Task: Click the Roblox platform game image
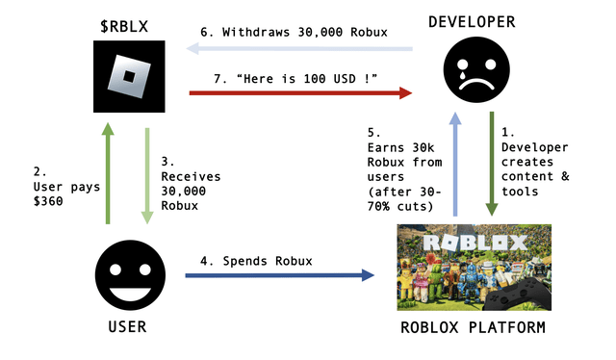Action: tap(475, 267)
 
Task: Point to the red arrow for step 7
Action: tap(299, 93)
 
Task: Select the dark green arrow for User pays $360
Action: tap(108, 173)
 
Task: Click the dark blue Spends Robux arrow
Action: tap(279, 276)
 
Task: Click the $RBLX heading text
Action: tap(125, 21)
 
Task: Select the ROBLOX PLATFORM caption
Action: tap(473, 328)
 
